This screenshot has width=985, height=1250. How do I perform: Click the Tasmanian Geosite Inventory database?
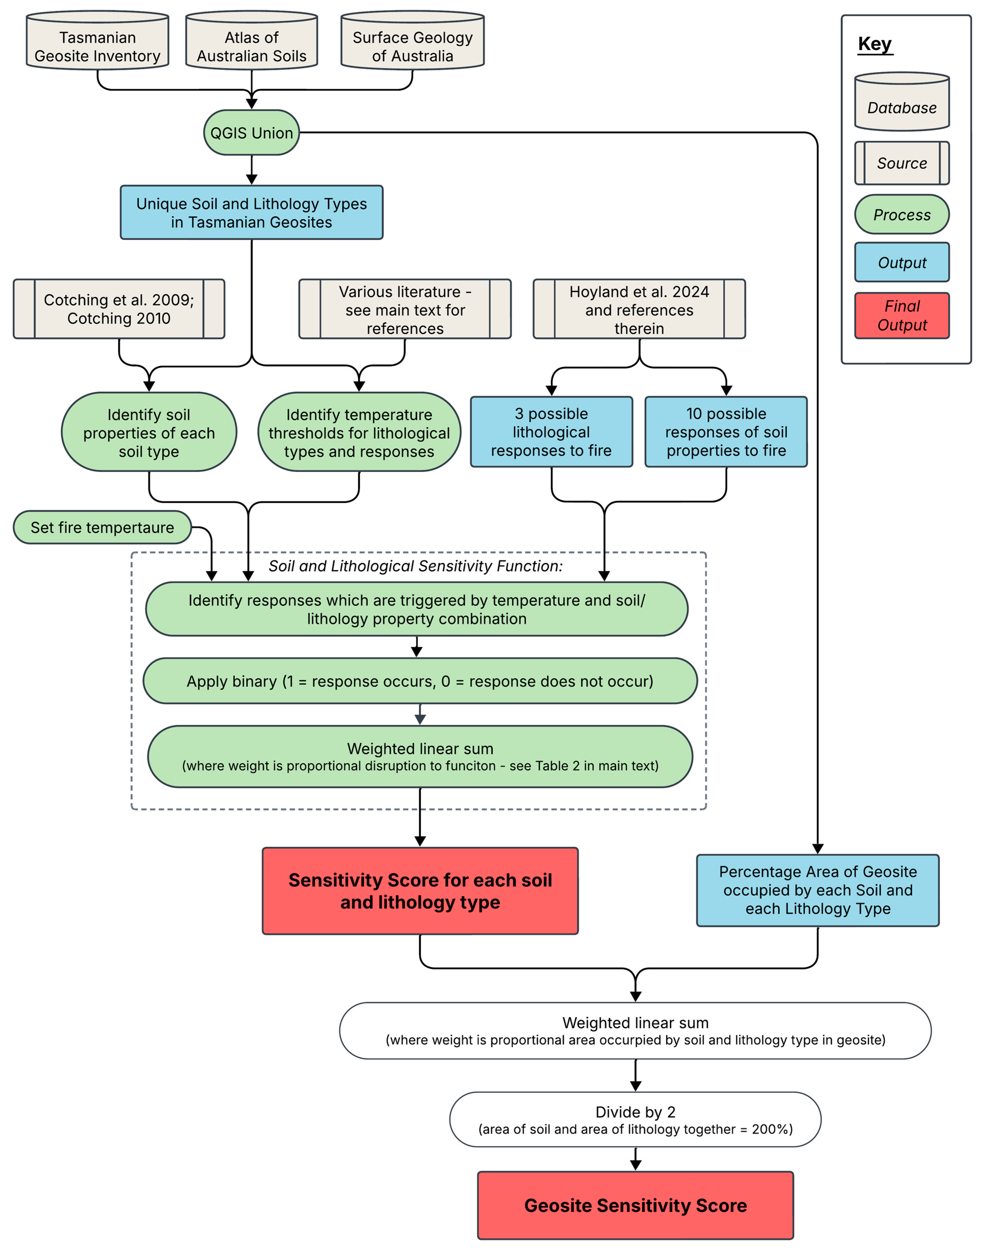pos(97,40)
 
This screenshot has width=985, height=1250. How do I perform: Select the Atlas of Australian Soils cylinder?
pos(252,40)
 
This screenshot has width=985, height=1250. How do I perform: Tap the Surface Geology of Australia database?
pos(412,40)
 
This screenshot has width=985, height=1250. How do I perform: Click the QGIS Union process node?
pos(252,133)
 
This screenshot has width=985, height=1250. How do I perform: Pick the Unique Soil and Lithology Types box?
pos(252,212)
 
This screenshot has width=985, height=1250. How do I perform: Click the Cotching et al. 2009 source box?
pos(119,309)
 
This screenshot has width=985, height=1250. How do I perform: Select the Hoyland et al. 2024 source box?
pos(639,309)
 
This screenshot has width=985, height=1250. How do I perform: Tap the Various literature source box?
pos(405,309)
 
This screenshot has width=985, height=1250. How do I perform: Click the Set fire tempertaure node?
pos(102,527)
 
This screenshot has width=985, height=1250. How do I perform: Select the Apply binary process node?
pos(420,681)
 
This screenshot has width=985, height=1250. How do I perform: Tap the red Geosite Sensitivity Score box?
pos(635,1205)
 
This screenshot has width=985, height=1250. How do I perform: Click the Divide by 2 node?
pos(635,1119)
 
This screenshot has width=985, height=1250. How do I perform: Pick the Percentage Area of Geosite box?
pos(818,890)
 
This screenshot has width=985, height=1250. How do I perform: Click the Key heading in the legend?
pos(875,44)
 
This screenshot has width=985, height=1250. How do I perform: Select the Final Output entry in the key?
pos(902,315)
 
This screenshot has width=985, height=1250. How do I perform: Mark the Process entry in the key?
pos(902,215)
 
